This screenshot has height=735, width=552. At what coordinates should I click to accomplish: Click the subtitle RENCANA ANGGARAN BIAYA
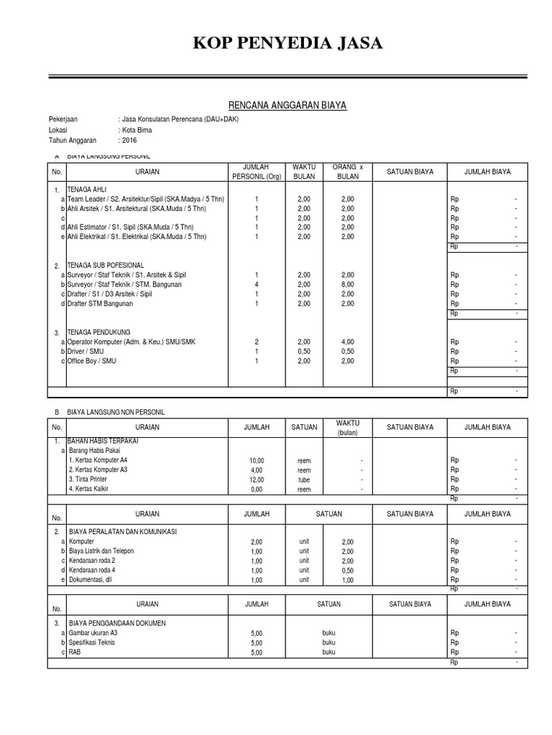click(277, 106)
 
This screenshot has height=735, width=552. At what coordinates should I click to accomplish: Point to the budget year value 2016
click(129, 141)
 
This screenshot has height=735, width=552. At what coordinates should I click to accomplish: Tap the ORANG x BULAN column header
click(348, 172)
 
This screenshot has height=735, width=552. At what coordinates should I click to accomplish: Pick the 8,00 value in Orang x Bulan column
click(348, 285)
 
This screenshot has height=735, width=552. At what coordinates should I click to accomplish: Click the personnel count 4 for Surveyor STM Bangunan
click(257, 285)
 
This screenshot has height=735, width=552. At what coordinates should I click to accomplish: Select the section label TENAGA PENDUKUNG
click(98, 333)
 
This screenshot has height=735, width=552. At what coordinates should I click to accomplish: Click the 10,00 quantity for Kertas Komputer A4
click(257, 460)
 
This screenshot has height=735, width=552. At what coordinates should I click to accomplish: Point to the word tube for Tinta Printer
click(304, 479)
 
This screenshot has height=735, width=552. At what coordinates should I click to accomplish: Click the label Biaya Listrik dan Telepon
click(101, 551)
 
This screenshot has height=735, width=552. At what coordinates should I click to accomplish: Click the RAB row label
click(74, 652)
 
